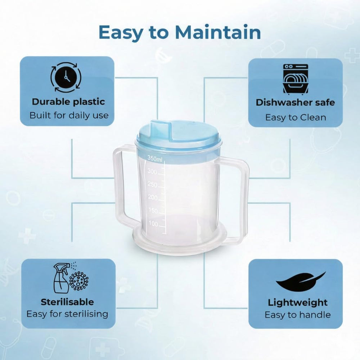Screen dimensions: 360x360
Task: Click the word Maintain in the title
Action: tap(218, 32)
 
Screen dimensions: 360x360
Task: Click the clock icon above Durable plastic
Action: tap(66, 78)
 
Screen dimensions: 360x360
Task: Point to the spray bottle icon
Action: tap(60, 278)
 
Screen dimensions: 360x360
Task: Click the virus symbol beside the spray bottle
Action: tap(79, 281)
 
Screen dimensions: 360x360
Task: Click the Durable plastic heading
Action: tap(68, 102)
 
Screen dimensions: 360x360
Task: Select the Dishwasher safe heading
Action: tap(295, 102)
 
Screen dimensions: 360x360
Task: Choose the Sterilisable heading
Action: tap(67, 302)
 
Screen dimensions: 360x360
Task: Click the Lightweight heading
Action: tap(298, 303)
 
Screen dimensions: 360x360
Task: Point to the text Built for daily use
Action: tap(69, 115)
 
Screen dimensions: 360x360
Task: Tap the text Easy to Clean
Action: tap(296, 118)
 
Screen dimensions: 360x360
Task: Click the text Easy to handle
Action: tap(298, 315)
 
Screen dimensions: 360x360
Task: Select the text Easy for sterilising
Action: tap(67, 314)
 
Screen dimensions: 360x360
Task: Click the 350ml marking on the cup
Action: tap(155, 158)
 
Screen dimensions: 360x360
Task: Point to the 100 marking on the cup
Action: tap(153, 224)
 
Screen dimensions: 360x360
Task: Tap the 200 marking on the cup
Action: tap(153, 197)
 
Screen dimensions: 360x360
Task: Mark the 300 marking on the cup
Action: tap(152, 171)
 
